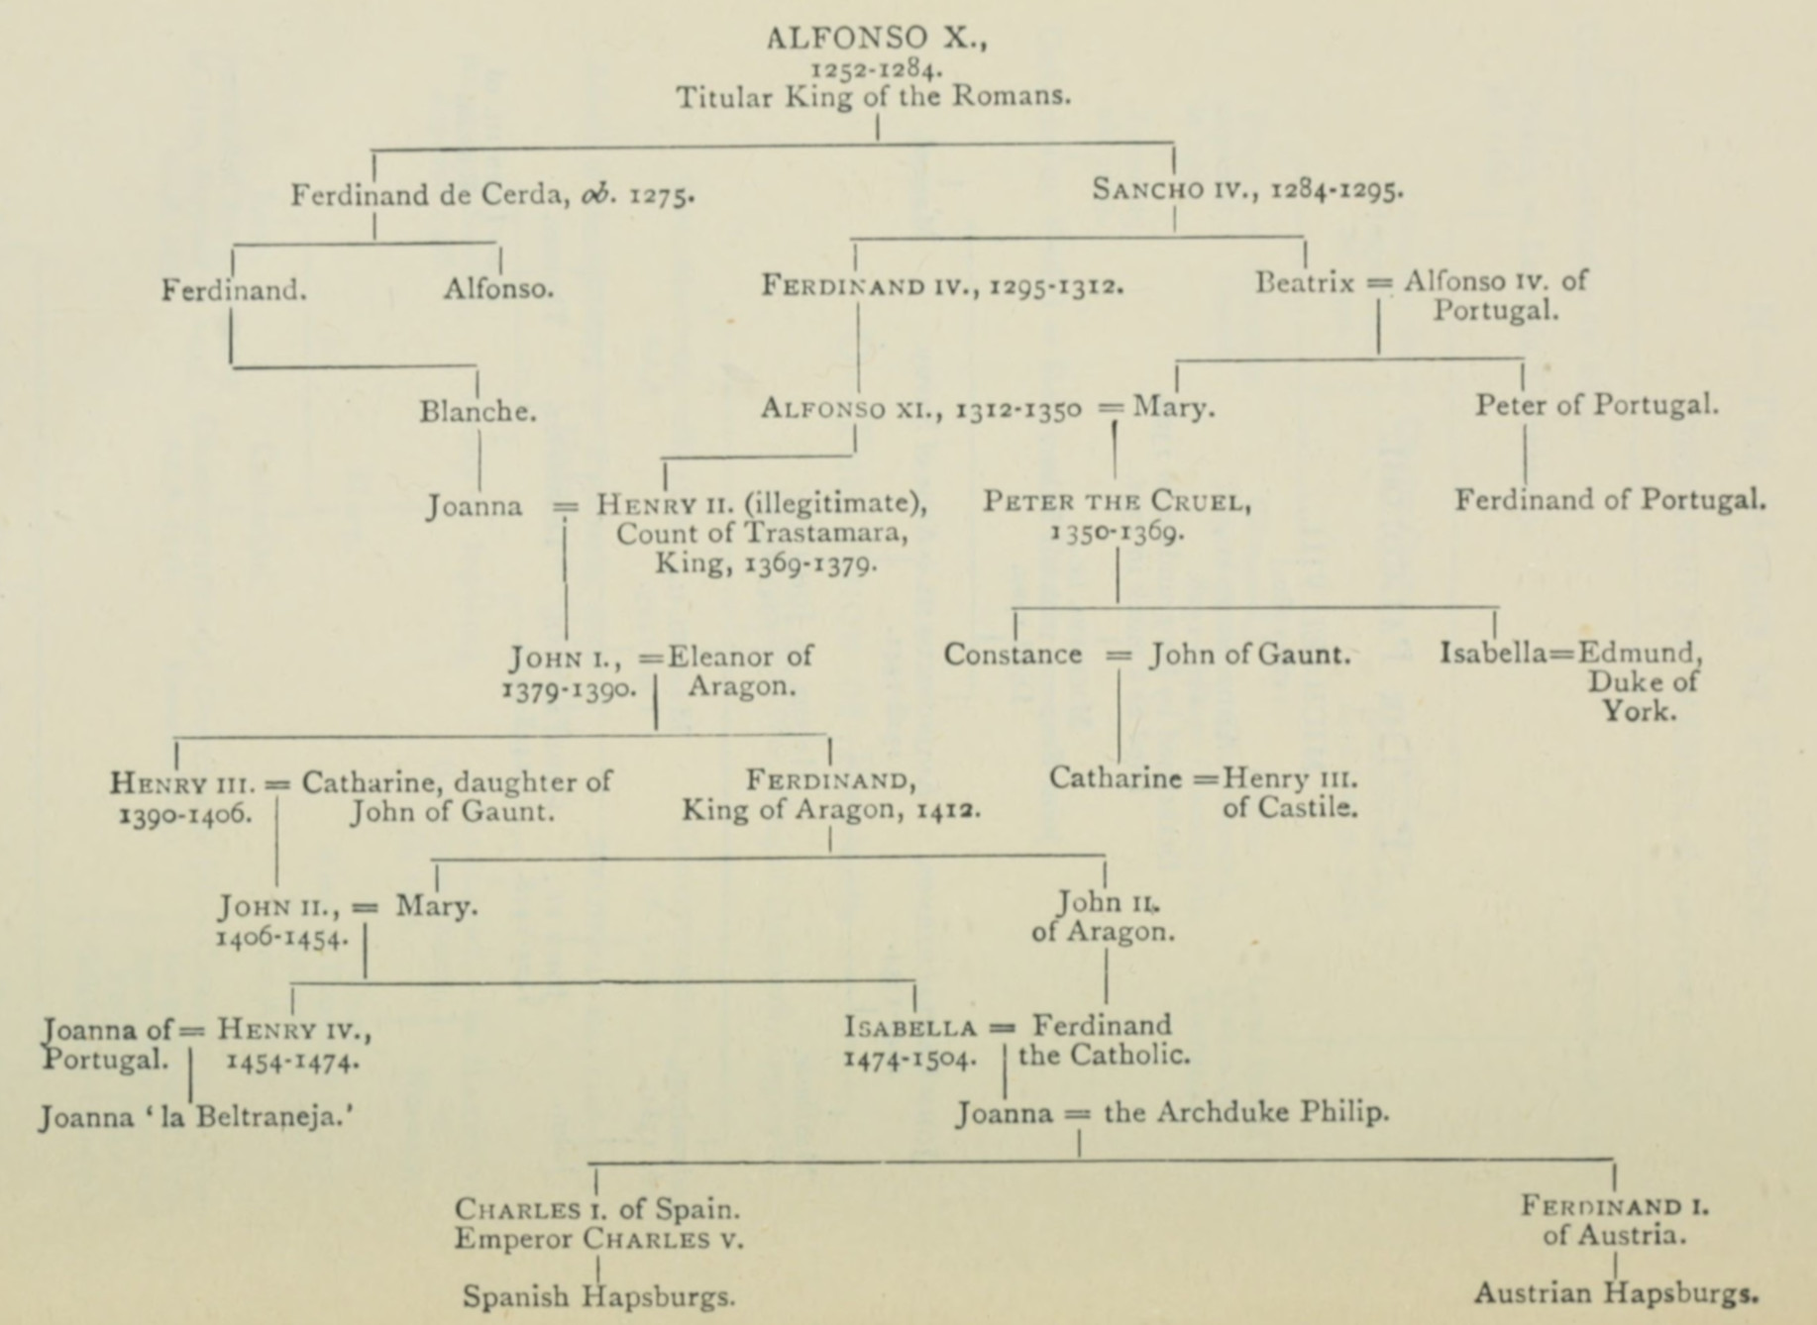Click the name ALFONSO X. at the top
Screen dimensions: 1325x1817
tap(876, 39)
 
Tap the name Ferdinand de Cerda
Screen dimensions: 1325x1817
tap(429, 195)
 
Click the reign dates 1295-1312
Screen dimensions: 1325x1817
tap(1056, 286)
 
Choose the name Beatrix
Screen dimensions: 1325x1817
tap(1304, 282)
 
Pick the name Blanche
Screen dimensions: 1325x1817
tap(478, 412)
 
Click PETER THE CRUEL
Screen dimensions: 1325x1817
tap(1117, 502)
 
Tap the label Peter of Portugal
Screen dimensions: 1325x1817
tap(1596, 405)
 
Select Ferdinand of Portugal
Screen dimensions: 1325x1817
tap(1610, 499)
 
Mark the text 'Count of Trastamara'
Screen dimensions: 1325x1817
tap(762, 534)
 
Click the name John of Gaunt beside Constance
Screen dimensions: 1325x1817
tap(1249, 655)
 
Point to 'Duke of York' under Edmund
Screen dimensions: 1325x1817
tap(1643, 696)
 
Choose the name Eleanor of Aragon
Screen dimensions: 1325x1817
tap(740, 670)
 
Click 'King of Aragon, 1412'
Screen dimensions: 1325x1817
tap(830, 810)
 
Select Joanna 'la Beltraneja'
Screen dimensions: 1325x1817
tap(196, 1118)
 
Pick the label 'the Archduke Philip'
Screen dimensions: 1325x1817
tap(1246, 1112)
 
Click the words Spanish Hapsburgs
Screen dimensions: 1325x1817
tap(598, 1296)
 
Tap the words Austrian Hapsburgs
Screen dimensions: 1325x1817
tap(1616, 1292)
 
